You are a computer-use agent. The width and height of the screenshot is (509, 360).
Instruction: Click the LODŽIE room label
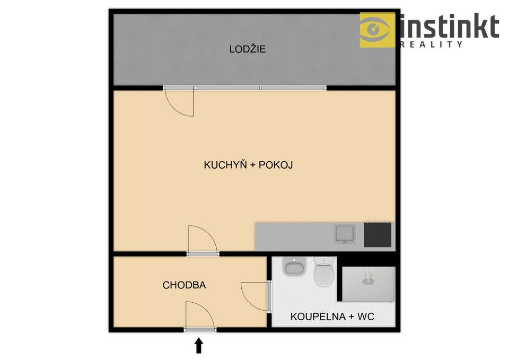click(248, 49)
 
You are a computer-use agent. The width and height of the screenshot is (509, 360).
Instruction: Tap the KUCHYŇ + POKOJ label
click(248, 165)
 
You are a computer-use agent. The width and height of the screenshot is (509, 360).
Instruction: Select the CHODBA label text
click(184, 285)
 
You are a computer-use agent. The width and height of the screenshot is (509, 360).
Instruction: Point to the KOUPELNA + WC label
click(332, 317)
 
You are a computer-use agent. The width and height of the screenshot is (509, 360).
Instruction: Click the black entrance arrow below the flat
click(199, 346)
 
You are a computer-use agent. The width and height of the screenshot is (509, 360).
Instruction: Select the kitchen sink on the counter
click(345, 234)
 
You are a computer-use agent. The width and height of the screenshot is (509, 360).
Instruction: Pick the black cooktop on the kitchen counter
click(378, 234)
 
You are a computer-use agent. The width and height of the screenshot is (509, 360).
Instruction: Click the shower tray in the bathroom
click(368, 284)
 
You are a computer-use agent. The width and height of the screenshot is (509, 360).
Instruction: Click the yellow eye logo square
click(378, 30)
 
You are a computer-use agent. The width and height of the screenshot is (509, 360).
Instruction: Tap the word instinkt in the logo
click(450, 26)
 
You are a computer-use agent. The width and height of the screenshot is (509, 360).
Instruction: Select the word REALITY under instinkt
click(432, 45)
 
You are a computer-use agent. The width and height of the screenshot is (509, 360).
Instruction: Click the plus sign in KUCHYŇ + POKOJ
click(253, 165)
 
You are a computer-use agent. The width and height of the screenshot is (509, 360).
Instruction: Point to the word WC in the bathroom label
click(366, 317)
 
